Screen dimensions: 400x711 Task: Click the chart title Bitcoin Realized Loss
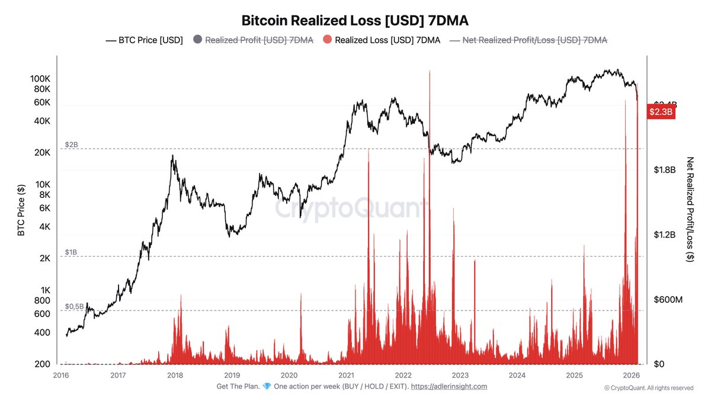(355, 20)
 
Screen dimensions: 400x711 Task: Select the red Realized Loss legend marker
(327, 40)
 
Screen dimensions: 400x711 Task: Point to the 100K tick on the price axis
(40, 78)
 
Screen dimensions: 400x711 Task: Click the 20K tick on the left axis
(43, 152)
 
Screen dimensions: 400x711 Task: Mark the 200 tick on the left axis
(43, 364)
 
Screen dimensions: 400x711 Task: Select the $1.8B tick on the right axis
(664, 169)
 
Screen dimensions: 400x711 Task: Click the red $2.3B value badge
(661, 111)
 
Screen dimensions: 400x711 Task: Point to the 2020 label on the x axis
(289, 375)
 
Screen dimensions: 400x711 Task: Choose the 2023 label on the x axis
(460, 375)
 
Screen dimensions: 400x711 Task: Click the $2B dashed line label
(71, 145)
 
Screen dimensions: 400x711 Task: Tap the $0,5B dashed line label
(74, 306)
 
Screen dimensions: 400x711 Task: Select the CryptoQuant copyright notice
(648, 388)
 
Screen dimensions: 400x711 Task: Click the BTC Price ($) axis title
(21, 210)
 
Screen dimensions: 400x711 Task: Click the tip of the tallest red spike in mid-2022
(429, 72)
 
